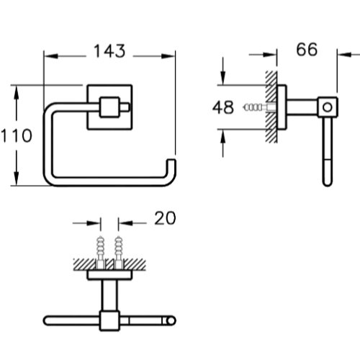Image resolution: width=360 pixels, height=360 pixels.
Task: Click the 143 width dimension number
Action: pyautogui.click(x=109, y=51)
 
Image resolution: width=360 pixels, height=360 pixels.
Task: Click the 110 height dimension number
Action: pyautogui.click(x=17, y=135)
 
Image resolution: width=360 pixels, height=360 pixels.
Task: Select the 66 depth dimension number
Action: pyautogui.click(x=307, y=50)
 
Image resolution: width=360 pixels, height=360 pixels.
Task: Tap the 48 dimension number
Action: pyautogui.click(x=223, y=107)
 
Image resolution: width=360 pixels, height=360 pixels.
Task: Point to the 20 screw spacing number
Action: pyautogui.click(x=165, y=218)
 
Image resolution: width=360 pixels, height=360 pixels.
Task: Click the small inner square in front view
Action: pyautogui.click(x=109, y=107)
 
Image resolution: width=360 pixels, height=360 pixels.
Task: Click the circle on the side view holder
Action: pyautogui.click(x=328, y=107)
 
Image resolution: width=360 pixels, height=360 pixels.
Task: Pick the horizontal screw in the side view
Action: pyautogui.click(x=259, y=107)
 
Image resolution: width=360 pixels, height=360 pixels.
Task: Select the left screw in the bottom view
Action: pyautogui.click(x=100, y=252)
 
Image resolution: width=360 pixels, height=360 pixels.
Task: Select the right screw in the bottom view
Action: pyautogui.click(x=119, y=252)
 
